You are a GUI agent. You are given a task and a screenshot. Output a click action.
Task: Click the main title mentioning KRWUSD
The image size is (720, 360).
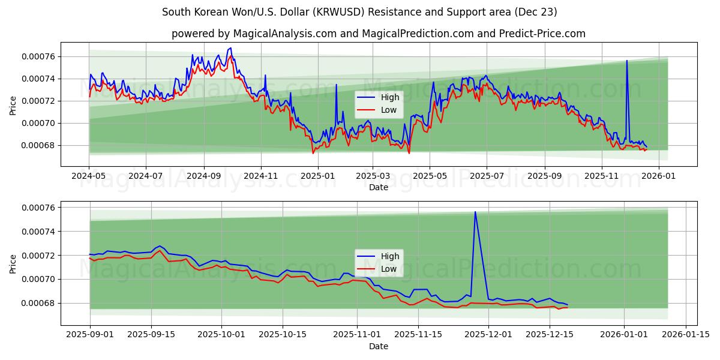pyautogui.click(x=360, y=12)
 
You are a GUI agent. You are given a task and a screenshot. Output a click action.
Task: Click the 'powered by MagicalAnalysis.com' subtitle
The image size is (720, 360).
pyautogui.click(x=378, y=34)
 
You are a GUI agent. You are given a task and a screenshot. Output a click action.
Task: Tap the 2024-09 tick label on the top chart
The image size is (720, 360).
pyautogui.click(x=203, y=176)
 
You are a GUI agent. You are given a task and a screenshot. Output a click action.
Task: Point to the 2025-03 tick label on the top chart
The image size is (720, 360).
pyautogui.click(x=373, y=176)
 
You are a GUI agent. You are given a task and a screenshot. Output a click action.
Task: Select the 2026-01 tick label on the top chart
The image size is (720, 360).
pyautogui.click(x=658, y=176)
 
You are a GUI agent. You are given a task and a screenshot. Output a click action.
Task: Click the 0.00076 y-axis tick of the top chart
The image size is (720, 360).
pyautogui.click(x=38, y=56)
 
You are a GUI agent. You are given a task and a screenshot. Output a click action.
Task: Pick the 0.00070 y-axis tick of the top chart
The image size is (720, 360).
pyautogui.click(x=38, y=123)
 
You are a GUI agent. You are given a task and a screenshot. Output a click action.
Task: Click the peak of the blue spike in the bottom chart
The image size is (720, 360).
pyautogui.click(x=475, y=211)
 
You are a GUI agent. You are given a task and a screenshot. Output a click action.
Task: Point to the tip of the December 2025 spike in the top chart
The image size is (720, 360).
pyautogui.click(x=627, y=61)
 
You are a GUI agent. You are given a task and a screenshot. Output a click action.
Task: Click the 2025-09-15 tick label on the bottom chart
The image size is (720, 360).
pyautogui.click(x=151, y=335)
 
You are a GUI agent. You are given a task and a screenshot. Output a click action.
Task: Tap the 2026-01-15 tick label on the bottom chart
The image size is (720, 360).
pyautogui.click(x=685, y=335)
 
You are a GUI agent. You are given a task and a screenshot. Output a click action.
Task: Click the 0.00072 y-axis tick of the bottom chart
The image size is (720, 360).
pyautogui.click(x=38, y=256)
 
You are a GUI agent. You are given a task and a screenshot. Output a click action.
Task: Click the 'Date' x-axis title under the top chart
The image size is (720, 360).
pyautogui.click(x=378, y=187)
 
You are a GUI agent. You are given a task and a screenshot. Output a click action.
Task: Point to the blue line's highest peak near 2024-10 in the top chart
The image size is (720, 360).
pyautogui.click(x=230, y=47)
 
